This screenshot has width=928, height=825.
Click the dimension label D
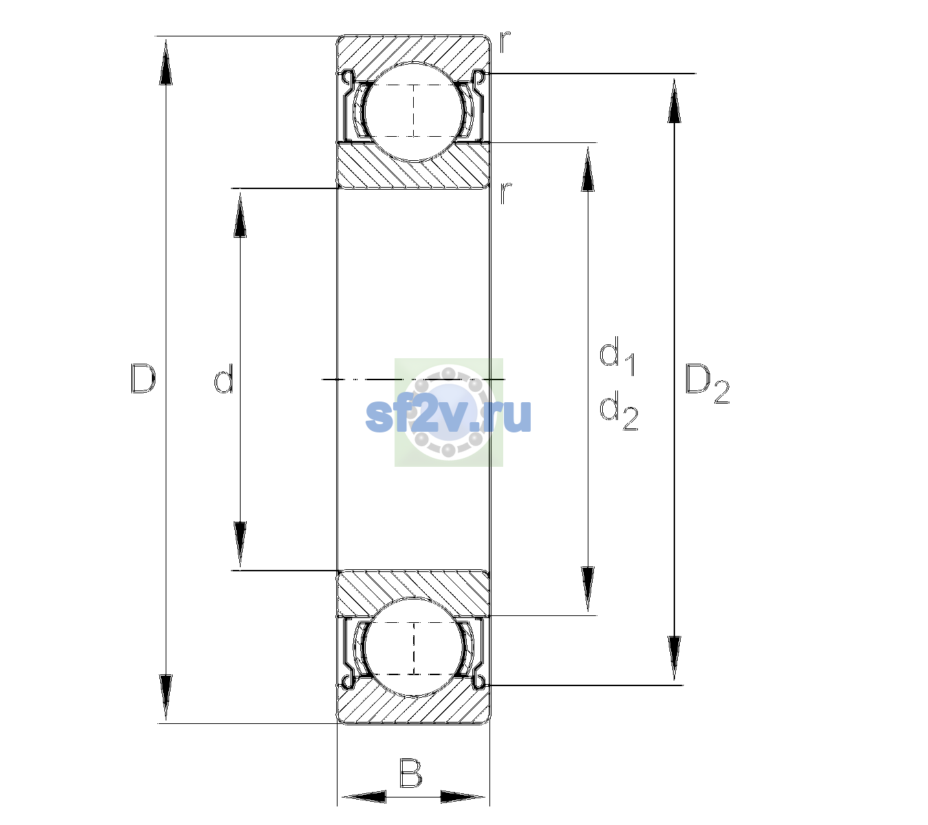[143, 379]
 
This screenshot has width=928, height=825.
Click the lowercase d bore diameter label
[224, 379]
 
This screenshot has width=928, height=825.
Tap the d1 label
[617, 355]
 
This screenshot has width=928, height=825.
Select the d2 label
[619, 410]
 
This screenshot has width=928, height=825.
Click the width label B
[410, 773]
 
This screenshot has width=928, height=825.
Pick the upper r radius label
[505, 41]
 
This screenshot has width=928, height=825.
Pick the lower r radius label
[505, 192]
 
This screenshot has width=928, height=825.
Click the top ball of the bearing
[414, 112]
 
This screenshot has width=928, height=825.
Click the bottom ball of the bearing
[414, 648]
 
